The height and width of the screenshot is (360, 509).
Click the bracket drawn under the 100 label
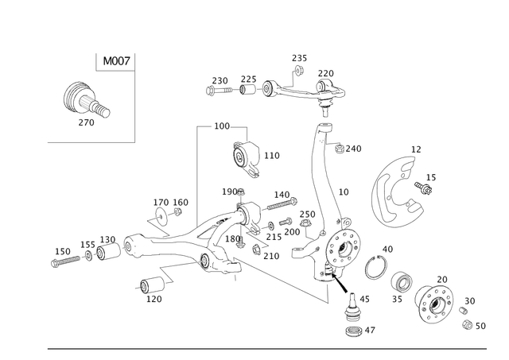[x=247, y=155]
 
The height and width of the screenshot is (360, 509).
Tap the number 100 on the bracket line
[x=220, y=126]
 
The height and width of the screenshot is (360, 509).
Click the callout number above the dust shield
[x=414, y=148]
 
